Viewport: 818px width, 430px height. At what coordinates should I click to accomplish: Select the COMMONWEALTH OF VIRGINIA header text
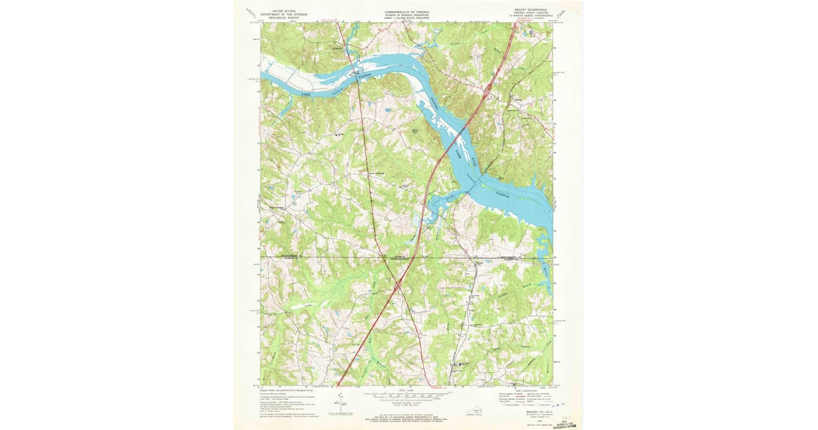408,12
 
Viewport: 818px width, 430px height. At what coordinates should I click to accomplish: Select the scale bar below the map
407,395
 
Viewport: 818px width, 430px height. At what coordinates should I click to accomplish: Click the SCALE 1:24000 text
408,390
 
